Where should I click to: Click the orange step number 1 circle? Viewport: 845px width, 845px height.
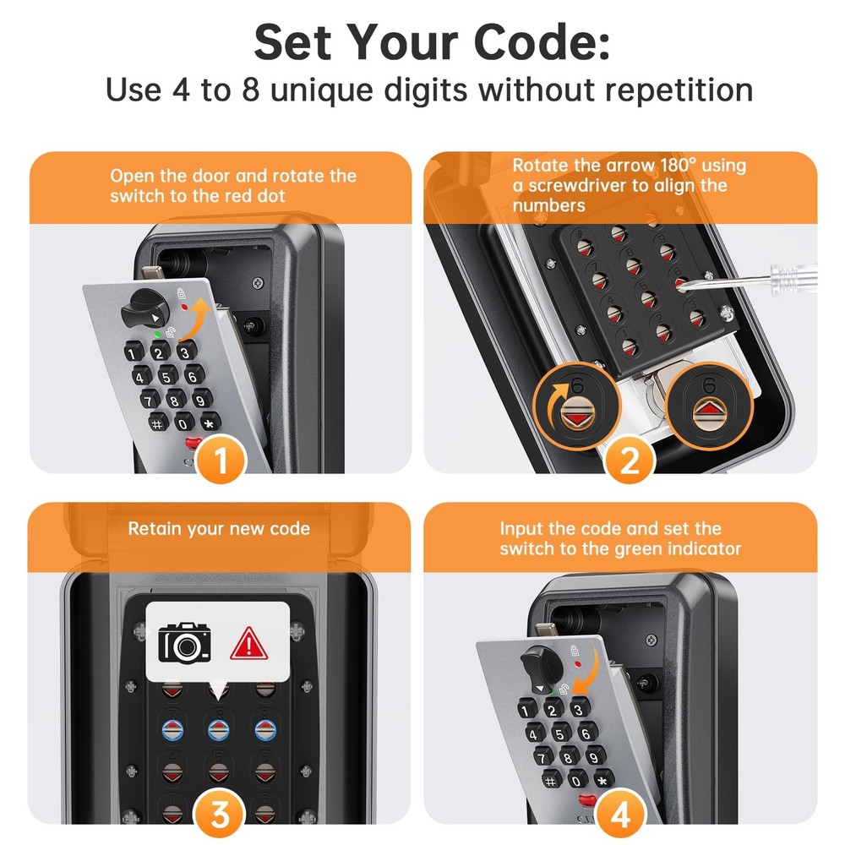(x=221, y=461)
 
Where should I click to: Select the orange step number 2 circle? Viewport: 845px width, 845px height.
(x=630, y=461)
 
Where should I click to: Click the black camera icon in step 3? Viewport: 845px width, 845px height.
(x=185, y=642)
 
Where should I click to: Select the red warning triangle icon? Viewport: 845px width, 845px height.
(x=248, y=644)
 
